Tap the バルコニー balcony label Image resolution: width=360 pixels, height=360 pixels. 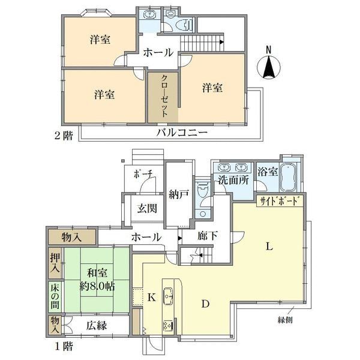pos(182,133)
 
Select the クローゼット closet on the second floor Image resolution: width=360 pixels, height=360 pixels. pos(163,98)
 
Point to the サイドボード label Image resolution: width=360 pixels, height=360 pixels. pos(280,202)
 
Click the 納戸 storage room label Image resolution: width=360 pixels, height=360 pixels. pos(179,194)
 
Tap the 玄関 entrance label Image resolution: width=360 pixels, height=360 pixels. pos(147,209)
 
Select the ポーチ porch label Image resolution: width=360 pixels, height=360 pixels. pos(143,175)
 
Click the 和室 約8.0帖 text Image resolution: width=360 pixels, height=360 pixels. pos(97,280)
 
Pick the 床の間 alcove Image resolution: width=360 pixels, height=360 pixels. pos(55,296)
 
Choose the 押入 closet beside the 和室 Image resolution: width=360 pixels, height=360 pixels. pos(55,263)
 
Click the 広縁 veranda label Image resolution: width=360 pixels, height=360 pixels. pos(97,326)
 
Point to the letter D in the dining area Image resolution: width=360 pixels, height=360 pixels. pos(205,304)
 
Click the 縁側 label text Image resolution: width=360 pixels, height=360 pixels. pos(285,320)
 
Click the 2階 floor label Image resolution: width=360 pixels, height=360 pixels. pos(64,136)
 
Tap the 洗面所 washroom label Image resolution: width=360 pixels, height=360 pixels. pos(233,180)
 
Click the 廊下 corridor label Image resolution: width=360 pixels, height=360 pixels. pos(208,236)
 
